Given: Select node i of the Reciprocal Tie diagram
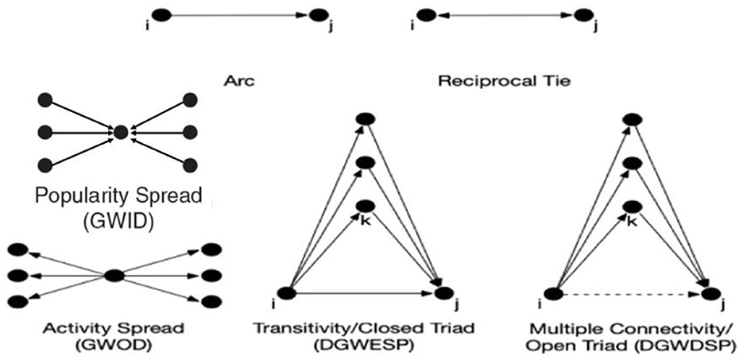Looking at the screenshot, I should tap(424, 14).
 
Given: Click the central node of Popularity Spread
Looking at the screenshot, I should tap(121, 132).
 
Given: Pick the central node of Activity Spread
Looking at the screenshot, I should tap(114, 275).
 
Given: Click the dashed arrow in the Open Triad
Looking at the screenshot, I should tap(631, 294).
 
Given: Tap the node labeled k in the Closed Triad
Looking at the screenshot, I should tap(364, 204).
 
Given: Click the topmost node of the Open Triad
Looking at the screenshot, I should tap(632, 119).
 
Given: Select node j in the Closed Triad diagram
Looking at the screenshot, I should tap(444, 293).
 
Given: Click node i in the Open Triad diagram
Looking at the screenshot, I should tap(553, 293).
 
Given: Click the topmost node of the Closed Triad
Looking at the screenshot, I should tap(364, 119).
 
